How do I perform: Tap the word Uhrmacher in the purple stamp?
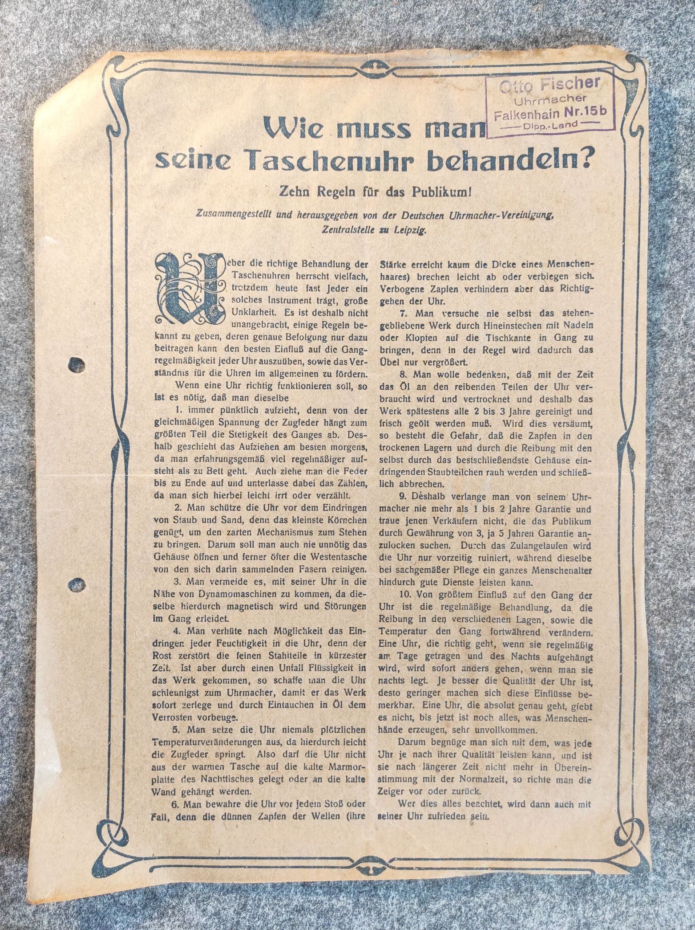550,99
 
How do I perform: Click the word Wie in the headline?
291,129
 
